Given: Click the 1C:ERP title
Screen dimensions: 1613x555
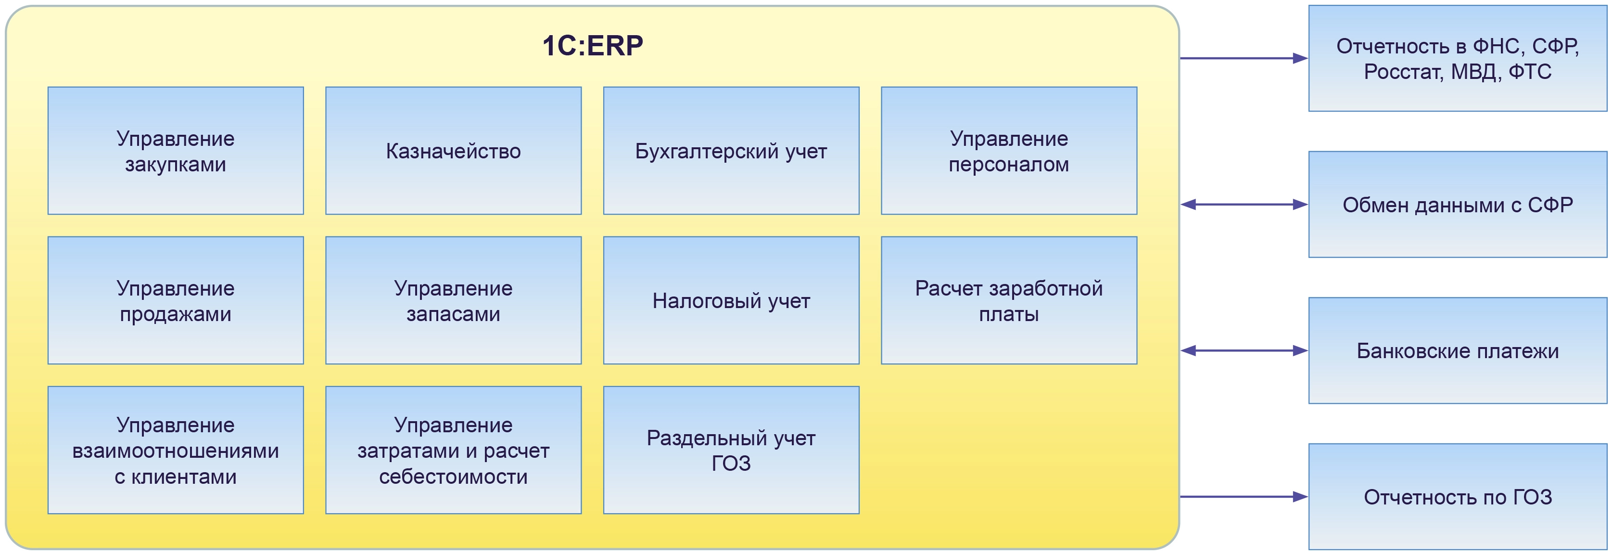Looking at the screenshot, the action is click(x=592, y=46).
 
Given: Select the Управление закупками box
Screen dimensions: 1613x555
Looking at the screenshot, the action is click(x=176, y=151).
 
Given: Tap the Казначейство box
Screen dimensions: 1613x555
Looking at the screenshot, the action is click(x=453, y=151).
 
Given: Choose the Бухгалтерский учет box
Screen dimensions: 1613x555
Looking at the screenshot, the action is click(x=731, y=151).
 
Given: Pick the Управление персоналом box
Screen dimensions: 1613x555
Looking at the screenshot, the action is click(x=1009, y=151).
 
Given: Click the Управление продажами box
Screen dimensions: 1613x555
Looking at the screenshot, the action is click(x=176, y=301).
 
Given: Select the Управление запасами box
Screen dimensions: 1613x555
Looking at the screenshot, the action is click(x=453, y=301).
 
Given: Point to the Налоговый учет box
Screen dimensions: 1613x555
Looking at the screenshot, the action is click(x=731, y=301).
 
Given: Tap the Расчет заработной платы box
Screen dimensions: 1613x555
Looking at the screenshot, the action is click(x=1009, y=301).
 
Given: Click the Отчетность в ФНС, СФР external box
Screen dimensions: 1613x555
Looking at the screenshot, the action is click(x=1458, y=58).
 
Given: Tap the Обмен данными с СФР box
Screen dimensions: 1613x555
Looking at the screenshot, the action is click(x=1458, y=204).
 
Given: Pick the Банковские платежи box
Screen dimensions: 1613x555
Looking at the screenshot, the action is click(x=1458, y=351).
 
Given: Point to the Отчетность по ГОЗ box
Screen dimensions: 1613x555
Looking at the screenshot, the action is click(x=1458, y=497).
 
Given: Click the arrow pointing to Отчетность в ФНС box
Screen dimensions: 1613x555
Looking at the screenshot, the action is click(x=1244, y=58).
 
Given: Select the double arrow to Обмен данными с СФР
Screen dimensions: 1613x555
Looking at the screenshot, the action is click(x=1244, y=204).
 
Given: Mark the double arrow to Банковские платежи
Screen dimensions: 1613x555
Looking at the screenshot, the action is click(x=1244, y=351).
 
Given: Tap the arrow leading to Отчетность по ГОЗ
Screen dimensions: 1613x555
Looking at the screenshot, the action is click(x=1244, y=497).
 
